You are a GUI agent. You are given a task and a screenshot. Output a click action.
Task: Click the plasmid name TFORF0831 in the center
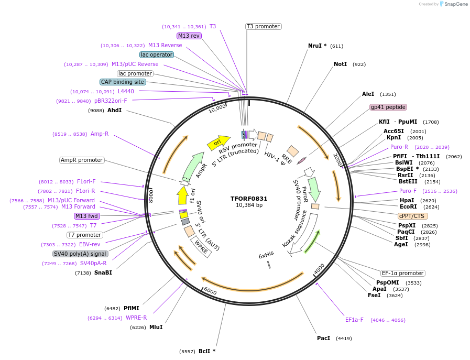click(249, 199)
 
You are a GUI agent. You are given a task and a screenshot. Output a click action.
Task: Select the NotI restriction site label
click(340, 64)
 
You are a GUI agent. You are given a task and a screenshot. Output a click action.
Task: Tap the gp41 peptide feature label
click(388, 107)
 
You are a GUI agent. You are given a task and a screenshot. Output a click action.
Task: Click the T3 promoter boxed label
click(263, 26)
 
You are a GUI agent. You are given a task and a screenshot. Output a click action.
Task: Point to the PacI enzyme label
click(323, 338)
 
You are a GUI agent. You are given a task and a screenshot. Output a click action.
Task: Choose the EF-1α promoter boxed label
click(402, 273)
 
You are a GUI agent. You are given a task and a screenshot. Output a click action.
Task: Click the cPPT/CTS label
click(413, 216)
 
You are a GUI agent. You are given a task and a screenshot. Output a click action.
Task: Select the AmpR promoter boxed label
click(82, 160)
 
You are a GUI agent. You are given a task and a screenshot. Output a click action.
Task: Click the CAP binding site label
click(123, 82)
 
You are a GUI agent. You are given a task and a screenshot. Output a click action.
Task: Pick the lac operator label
click(157, 54)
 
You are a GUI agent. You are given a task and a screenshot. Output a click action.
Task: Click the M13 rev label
click(189, 36)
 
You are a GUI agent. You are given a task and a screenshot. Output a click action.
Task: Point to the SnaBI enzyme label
click(103, 272)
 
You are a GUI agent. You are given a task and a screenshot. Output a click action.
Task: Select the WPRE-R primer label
click(136, 318)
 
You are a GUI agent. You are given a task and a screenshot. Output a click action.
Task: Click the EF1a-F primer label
click(354, 320)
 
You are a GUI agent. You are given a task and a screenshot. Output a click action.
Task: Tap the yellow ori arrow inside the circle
click(218, 142)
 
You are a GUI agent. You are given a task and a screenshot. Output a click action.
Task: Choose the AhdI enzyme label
click(114, 110)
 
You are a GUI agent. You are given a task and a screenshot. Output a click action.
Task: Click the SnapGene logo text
click(454, 4)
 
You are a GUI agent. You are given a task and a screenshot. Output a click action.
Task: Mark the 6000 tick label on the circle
click(210, 291)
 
